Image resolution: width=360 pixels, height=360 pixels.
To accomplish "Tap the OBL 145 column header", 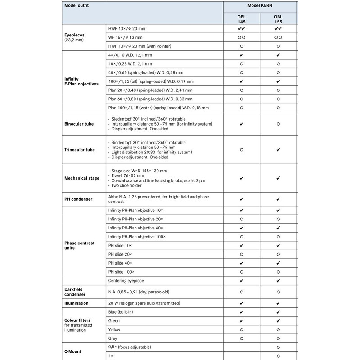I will click(x=242, y=19).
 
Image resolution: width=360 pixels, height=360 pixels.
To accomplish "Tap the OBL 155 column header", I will click(x=278, y=19).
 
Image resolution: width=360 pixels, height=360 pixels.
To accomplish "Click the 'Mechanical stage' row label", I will click(x=82, y=178).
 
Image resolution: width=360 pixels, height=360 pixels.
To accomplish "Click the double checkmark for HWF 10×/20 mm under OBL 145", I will click(x=242, y=28).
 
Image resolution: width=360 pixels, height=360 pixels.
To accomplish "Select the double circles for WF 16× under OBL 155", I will click(x=278, y=37).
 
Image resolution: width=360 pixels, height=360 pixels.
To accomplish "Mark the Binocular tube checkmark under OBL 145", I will click(x=242, y=123).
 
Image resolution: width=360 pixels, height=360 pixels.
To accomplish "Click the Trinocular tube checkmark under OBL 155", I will click(x=278, y=150).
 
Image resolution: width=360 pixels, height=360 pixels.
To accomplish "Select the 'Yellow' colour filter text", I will click(x=114, y=329).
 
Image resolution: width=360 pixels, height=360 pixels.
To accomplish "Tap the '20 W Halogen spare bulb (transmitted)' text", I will click(x=148, y=303).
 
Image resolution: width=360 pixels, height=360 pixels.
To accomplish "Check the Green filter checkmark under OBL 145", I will click(x=242, y=320).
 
